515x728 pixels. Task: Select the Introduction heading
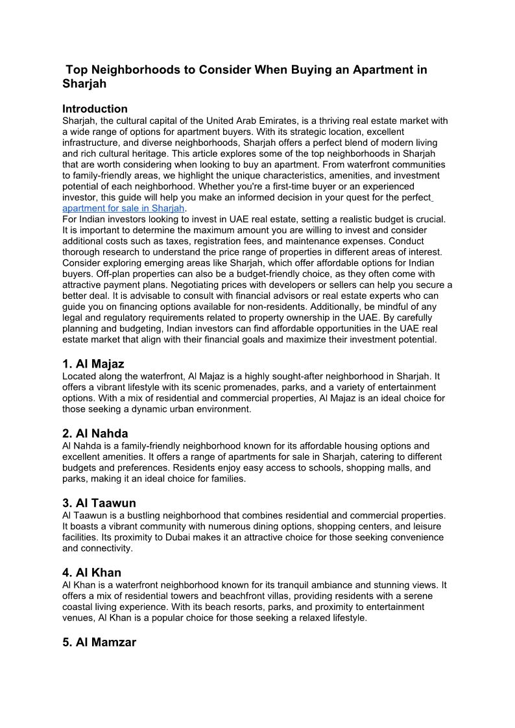95,109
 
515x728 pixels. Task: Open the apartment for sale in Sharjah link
123,208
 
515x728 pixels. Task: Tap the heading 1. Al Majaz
93,364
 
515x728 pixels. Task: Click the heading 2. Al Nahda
95,433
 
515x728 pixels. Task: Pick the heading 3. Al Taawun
99,503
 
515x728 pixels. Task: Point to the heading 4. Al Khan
92,572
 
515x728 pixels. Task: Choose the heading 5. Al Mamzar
99,642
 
